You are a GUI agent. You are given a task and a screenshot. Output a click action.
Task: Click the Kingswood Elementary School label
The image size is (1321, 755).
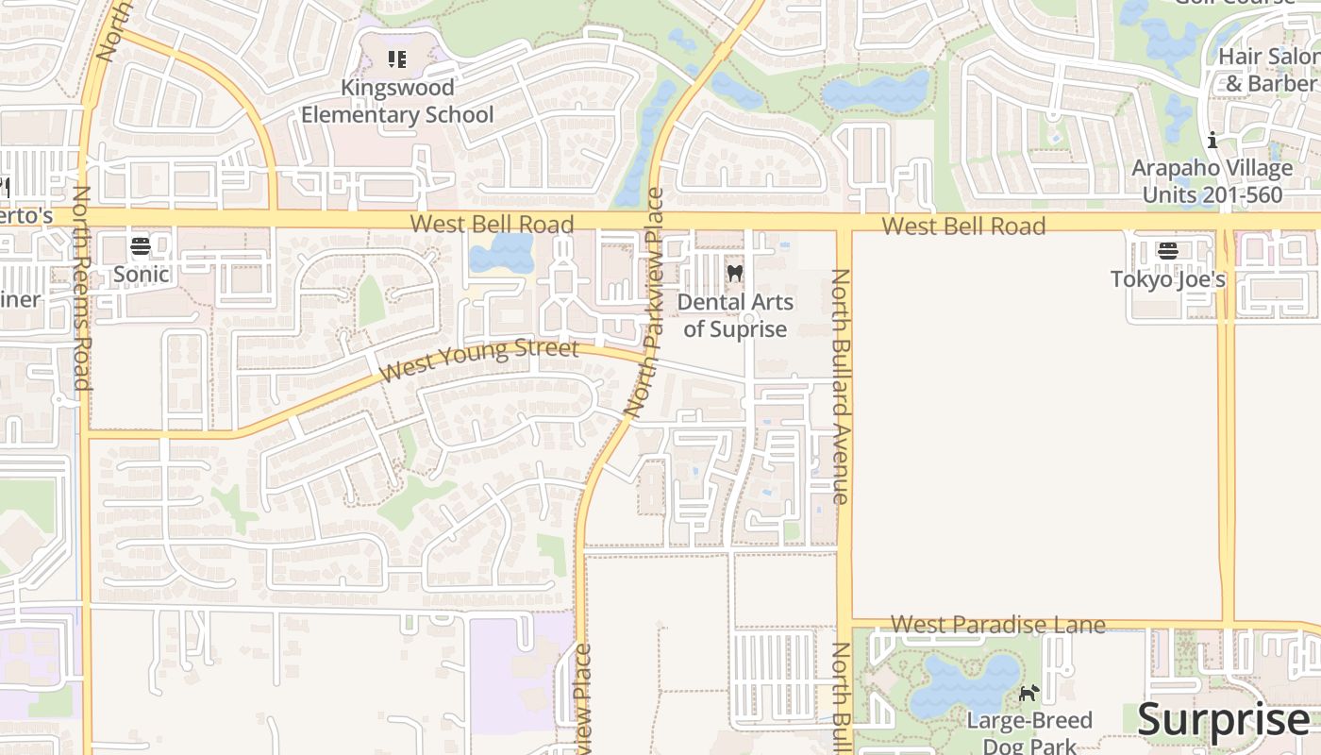tap(397, 101)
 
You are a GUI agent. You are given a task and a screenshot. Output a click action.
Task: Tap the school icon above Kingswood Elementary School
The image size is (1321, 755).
tap(397, 59)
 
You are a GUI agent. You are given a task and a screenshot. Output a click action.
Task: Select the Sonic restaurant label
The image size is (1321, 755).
tap(142, 275)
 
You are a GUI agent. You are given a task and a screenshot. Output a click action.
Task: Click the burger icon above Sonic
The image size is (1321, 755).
tap(141, 246)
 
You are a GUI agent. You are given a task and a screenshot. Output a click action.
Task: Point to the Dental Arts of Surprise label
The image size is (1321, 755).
tap(735, 315)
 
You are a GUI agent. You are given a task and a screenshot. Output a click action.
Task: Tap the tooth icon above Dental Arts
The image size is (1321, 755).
tap(735, 273)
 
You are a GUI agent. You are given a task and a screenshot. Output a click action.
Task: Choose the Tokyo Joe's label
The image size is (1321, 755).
tap(1167, 279)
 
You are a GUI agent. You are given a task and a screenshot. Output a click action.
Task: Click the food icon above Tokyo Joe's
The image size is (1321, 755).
tap(1168, 250)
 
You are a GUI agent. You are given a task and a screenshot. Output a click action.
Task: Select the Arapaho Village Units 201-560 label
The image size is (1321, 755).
tap(1212, 181)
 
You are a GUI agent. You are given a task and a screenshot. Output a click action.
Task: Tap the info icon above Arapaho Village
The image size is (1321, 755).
tap(1212, 142)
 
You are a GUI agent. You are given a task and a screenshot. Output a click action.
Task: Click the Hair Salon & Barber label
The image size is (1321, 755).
tap(1269, 70)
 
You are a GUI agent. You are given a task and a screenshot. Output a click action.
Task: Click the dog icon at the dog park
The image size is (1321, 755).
tap(1028, 694)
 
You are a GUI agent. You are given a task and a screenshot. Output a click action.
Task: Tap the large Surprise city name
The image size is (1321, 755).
tap(1223, 720)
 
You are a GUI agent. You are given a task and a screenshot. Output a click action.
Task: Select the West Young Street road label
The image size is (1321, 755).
tap(479, 360)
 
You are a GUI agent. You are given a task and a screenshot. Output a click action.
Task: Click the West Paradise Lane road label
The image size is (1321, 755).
tap(997, 624)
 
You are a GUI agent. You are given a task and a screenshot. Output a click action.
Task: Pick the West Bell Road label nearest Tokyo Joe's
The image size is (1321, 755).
tap(963, 226)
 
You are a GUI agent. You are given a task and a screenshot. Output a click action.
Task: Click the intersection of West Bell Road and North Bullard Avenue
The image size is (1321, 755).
tap(844, 222)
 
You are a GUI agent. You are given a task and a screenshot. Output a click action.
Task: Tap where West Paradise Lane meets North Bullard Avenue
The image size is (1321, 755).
tap(844, 623)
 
